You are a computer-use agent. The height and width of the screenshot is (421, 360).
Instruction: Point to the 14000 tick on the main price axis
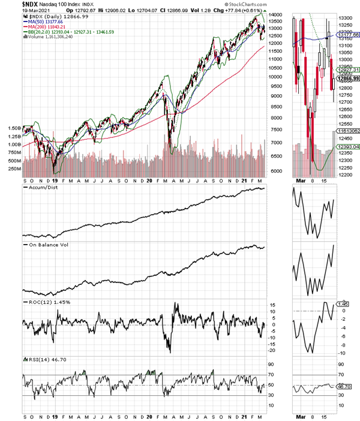[277, 14]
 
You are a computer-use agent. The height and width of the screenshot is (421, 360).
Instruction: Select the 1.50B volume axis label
[13, 128]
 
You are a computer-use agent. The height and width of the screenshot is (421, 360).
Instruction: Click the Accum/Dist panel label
[41, 188]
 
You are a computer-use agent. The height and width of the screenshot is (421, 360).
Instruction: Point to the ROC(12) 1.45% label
[47, 302]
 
